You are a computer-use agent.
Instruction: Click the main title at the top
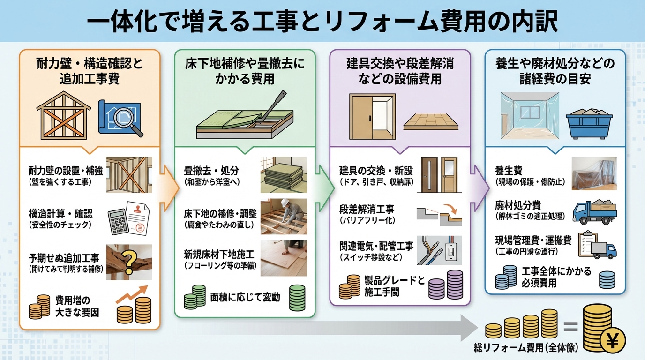pos(322,21)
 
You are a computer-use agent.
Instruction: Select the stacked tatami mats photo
pos(283,174)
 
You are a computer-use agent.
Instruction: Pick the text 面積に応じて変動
pos(245,297)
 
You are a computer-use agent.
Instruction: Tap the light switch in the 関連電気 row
pos(452,253)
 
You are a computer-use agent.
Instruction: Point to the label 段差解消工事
pos(367,208)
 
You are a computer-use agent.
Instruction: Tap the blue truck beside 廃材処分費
pos(594,212)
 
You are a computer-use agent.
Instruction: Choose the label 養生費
pos(509,170)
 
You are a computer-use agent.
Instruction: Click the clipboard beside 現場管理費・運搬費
pos(586,243)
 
